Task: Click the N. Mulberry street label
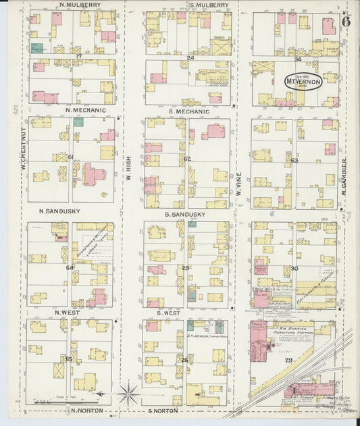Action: pos(79,5)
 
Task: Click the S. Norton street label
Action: pos(163,410)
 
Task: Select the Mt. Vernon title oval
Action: pos(302,78)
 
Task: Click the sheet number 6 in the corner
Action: pos(346,20)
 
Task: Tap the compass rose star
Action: pos(128,392)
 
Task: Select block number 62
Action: pos(187,159)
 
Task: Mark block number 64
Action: pos(70,267)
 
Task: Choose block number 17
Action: pos(78,55)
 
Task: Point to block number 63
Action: pos(294,161)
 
